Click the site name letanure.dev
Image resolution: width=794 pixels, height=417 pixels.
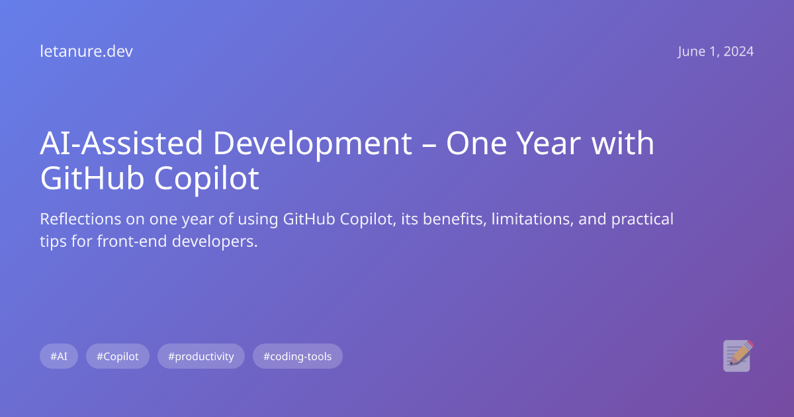pos(86,52)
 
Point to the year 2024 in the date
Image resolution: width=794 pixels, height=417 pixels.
pos(738,52)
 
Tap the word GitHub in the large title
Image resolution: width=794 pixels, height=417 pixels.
pos(93,179)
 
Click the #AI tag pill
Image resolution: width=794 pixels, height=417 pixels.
pos(59,356)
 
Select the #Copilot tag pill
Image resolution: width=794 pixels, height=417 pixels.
pos(118,356)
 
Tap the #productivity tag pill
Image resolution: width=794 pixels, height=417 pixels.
pos(201,356)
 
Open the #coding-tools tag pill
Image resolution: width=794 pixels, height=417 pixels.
pos(298,356)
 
